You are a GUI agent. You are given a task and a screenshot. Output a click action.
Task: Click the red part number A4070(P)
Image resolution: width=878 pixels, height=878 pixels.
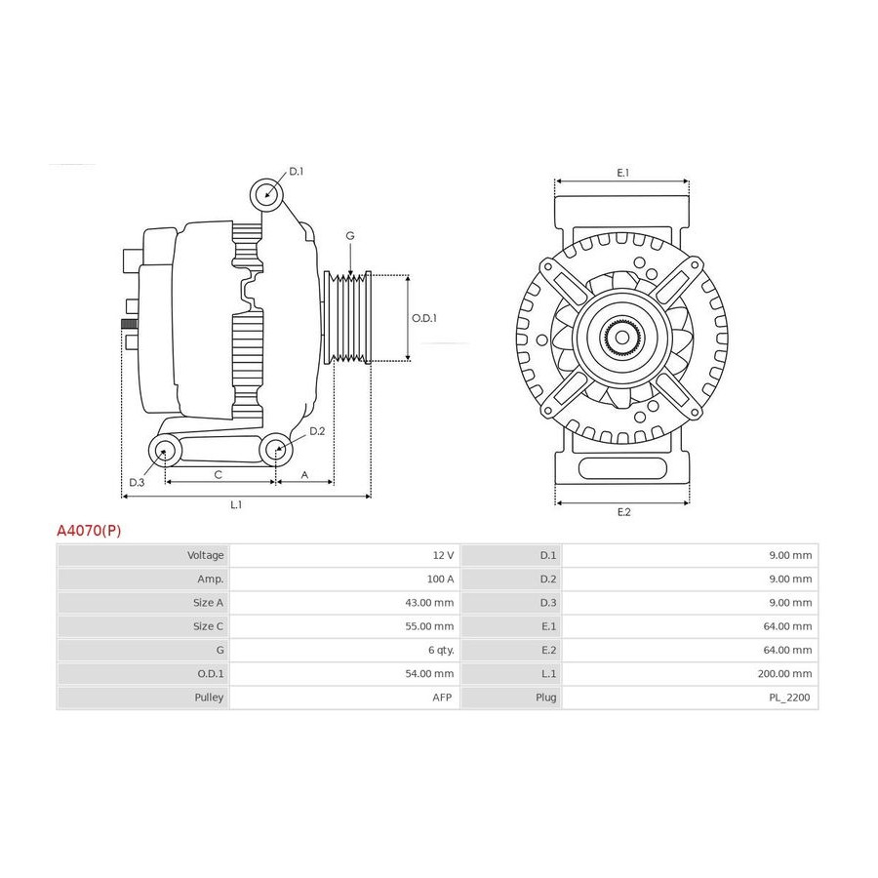[89, 531]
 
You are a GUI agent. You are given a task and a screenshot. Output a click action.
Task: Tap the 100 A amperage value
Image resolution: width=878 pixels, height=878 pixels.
[440, 579]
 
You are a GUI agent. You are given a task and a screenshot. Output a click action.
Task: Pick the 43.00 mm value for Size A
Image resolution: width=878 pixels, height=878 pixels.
[429, 603]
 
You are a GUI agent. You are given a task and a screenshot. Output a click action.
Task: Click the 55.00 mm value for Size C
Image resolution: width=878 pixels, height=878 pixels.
[429, 626]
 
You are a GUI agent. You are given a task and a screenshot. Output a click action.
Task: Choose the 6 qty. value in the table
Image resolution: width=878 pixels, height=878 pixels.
[441, 650]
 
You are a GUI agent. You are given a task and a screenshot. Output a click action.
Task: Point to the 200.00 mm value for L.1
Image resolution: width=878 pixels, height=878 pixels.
[784, 673]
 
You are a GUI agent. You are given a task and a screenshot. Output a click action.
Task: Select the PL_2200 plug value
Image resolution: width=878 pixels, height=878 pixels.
[789, 698]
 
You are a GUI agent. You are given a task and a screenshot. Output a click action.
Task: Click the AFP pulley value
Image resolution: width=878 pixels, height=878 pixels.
[442, 698]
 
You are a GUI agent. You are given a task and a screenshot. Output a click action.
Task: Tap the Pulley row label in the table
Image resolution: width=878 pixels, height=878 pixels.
[209, 698]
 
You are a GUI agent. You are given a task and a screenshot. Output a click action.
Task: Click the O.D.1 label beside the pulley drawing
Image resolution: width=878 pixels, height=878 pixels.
[424, 318]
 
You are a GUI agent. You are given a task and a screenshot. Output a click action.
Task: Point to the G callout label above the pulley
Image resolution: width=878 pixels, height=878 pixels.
[350, 236]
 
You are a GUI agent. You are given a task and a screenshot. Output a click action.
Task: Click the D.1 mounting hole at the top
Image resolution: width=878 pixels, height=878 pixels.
[266, 194]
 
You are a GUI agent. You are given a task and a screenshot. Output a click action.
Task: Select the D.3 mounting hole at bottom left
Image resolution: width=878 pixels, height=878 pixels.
[165, 450]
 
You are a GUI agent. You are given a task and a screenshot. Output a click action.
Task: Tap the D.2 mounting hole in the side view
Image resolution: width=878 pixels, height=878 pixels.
[276, 449]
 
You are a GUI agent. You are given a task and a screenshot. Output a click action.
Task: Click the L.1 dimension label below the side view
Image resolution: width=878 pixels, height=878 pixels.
[236, 504]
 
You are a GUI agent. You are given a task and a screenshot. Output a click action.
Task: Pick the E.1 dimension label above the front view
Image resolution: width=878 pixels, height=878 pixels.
[622, 173]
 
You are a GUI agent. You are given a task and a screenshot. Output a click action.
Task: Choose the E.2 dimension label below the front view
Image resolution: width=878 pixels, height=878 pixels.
[623, 512]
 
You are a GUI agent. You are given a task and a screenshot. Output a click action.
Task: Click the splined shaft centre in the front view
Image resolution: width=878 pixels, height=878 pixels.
[622, 338]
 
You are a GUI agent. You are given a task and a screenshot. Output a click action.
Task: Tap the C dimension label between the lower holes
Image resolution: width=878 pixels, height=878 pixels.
[219, 475]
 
